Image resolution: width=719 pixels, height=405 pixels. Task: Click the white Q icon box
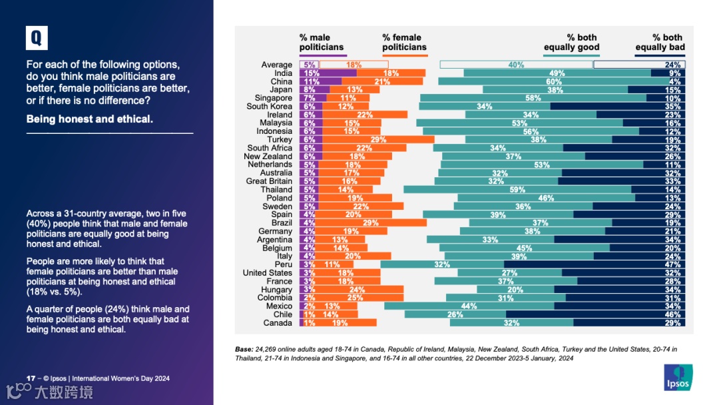[37, 38]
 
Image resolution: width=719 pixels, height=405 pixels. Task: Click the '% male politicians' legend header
[322, 43]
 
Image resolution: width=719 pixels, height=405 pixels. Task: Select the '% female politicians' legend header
[404, 43]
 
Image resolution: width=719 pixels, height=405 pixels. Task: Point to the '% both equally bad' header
[660, 43]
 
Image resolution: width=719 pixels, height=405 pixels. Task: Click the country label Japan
[281, 90]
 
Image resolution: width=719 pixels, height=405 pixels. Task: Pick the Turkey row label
[280, 140]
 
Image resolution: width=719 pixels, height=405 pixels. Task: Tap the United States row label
[267, 273]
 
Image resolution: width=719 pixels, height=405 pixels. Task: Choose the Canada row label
[278, 323]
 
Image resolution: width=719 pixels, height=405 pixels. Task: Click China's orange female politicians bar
[382, 81]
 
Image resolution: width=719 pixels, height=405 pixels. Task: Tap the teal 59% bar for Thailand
[517, 190]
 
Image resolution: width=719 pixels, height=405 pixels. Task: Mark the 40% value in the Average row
[516, 65]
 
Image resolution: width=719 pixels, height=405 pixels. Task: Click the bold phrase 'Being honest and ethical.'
[90, 119]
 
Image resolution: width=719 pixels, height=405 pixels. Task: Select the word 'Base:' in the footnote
[244, 349]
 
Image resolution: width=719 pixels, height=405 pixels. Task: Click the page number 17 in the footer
[30, 378]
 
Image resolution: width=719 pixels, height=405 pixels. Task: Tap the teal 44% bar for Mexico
[469, 306]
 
